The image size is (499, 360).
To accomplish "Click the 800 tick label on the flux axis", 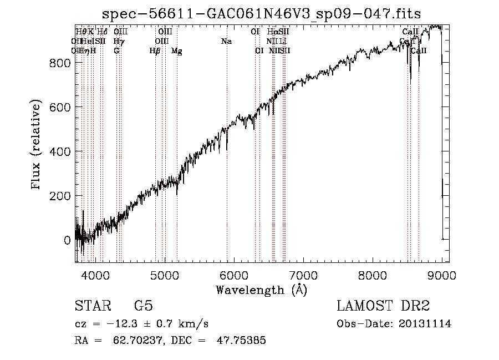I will click(58, 63).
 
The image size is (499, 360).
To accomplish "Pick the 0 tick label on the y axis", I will click(67, 240).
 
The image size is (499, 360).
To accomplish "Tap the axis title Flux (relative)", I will click(37, 146).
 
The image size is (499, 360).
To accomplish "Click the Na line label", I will click(226, 41).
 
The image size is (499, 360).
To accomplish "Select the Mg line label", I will click(176, 50).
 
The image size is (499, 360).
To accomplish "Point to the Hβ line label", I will click(155, 50).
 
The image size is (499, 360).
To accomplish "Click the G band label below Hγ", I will click(116, 50).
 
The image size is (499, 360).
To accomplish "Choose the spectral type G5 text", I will click(143, 306).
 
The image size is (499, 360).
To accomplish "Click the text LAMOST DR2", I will click(383, 306).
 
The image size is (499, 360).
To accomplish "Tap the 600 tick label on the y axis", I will click(58, 107).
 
